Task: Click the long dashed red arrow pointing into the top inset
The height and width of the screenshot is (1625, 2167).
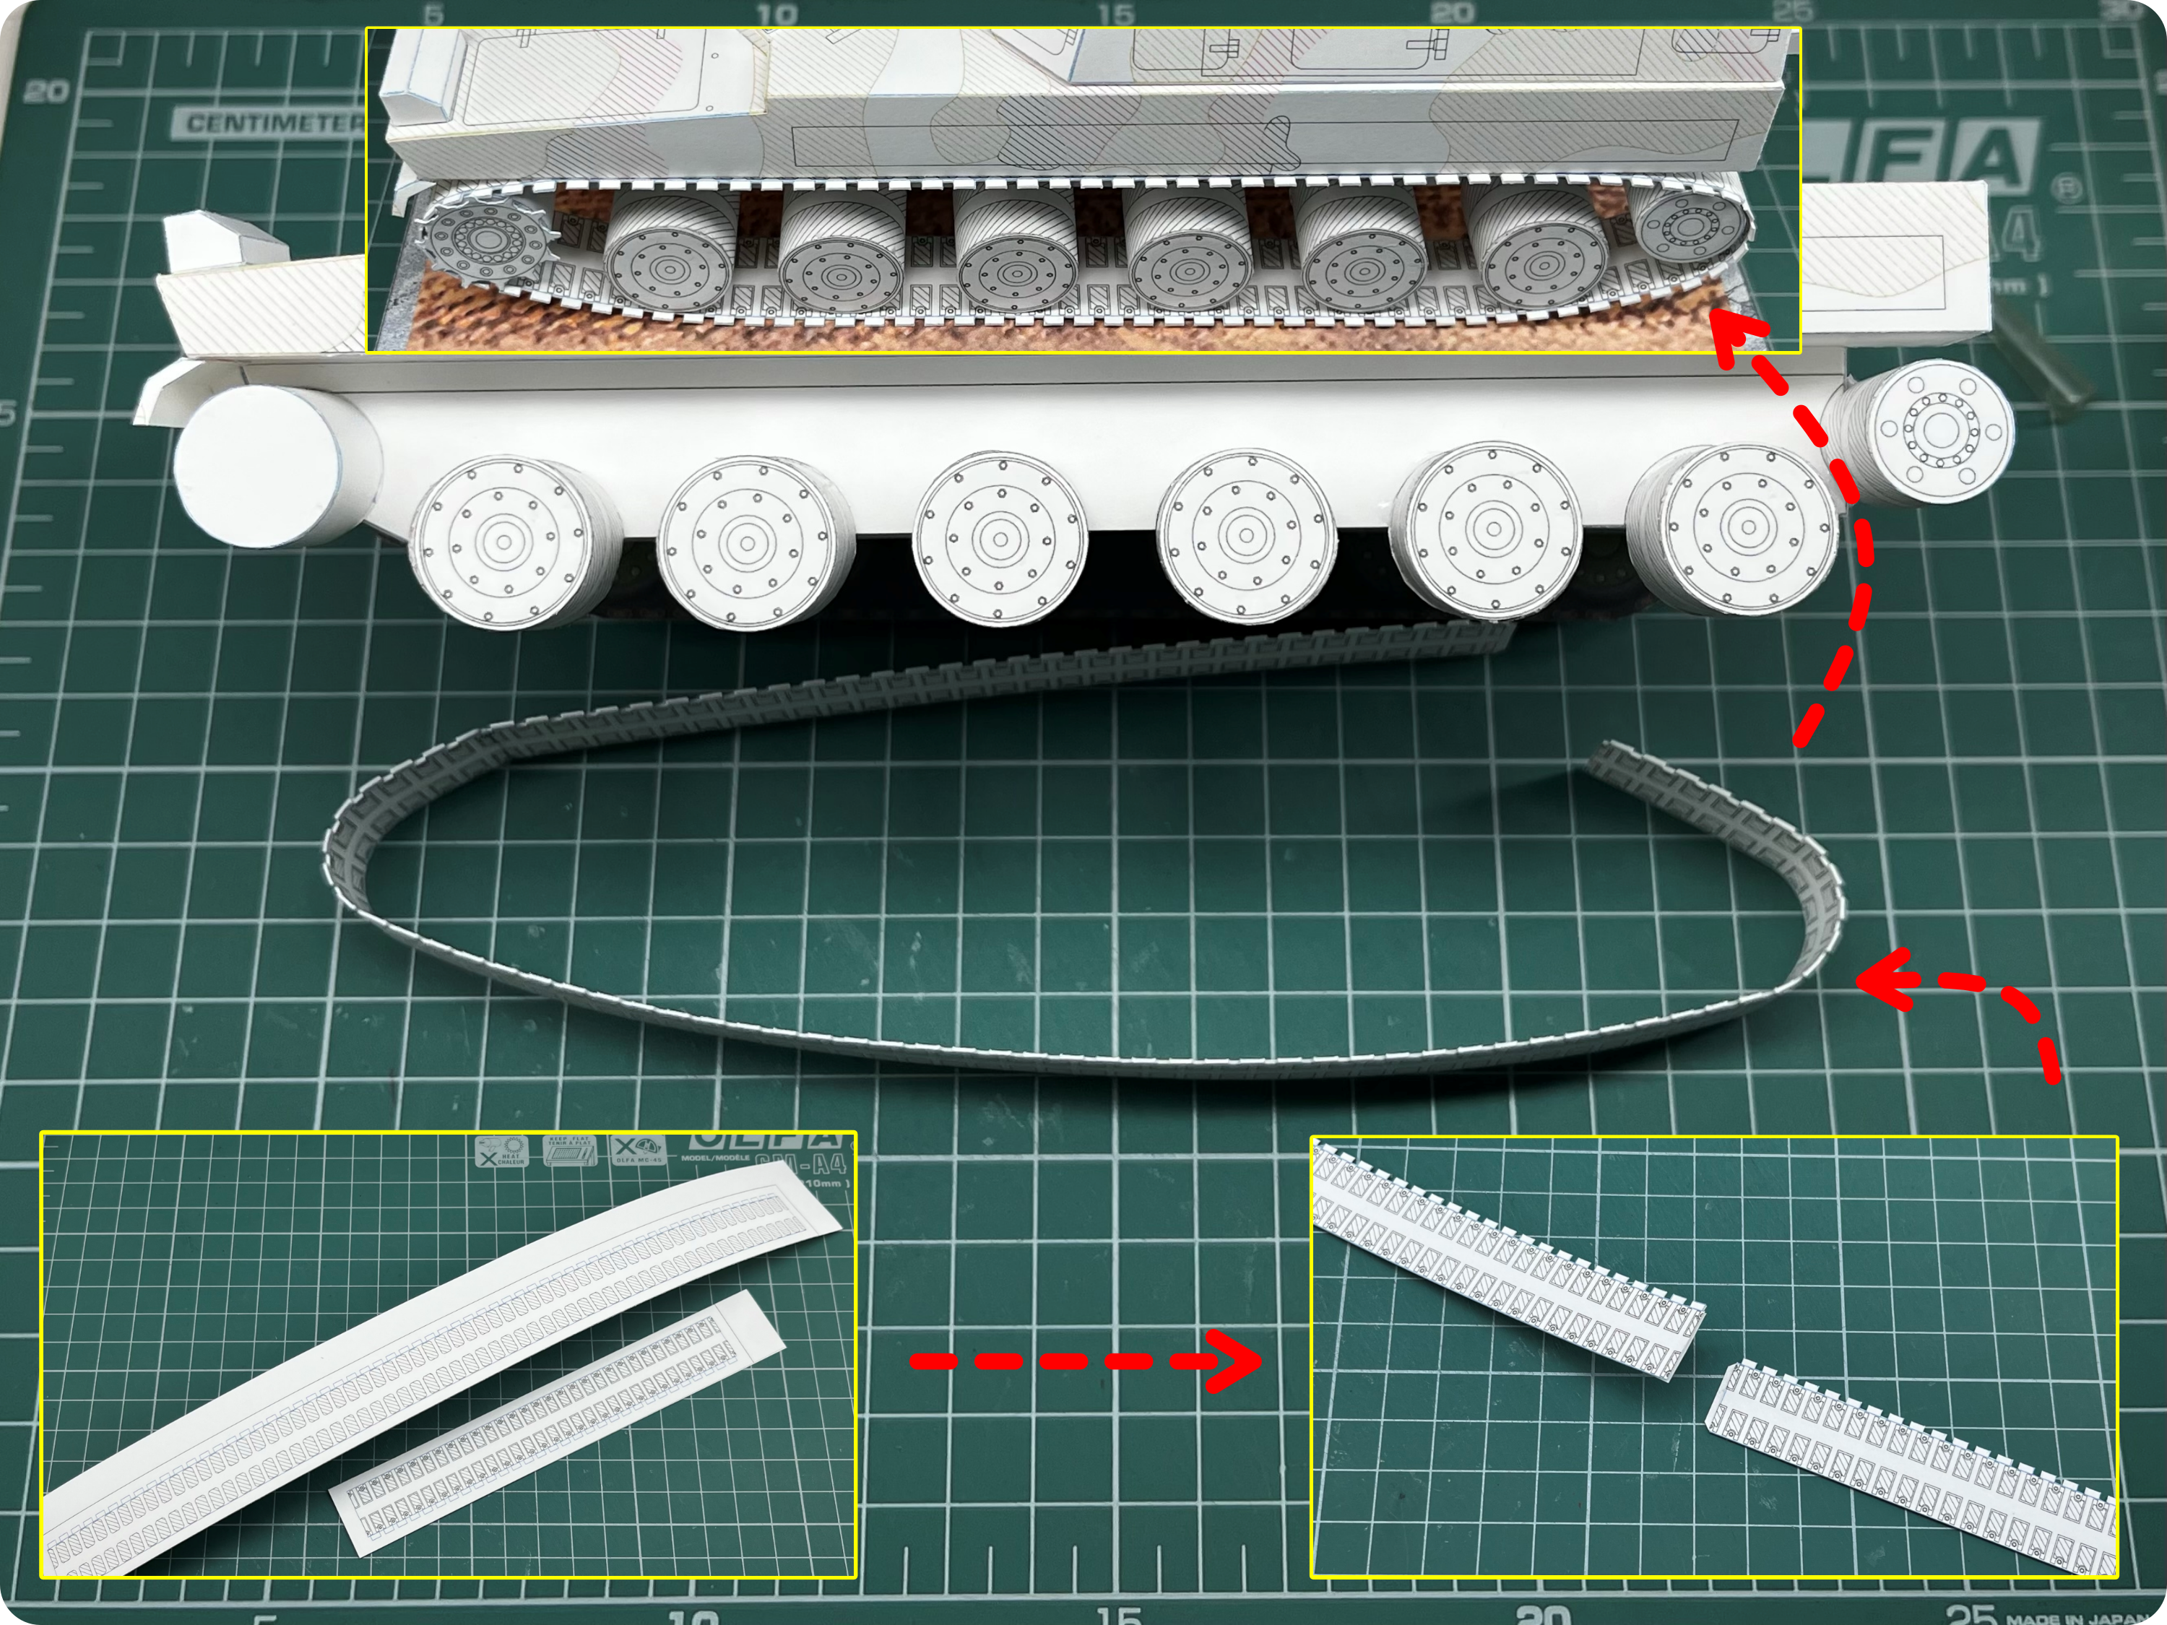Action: [x=1842, y=548]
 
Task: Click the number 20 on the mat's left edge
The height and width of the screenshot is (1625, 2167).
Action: [x=46, y=92]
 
